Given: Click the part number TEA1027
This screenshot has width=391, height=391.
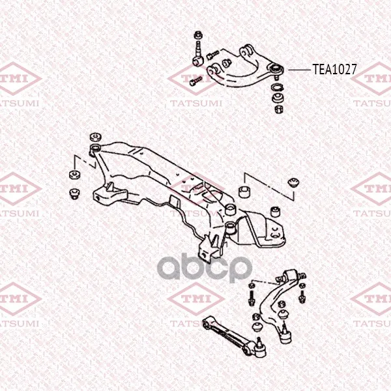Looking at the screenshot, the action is [x=335, y=69].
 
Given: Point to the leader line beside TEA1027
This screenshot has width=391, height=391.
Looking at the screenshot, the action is [x=299, y=70].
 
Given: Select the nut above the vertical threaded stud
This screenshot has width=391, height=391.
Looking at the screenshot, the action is [x=198, y=35].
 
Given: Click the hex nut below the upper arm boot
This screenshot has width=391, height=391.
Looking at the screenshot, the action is [x=280, y=109].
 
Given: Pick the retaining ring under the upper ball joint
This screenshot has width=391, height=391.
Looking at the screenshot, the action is [x=277, y=88].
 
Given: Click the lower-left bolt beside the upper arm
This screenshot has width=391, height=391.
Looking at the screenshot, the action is [x=195, y=81].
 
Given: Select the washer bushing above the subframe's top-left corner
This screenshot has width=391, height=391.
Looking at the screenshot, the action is [x=96, y=137].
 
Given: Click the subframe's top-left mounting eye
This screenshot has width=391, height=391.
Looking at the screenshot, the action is [x=95, y=148].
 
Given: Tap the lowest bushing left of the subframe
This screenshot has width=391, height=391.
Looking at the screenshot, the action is [x=74, y=194].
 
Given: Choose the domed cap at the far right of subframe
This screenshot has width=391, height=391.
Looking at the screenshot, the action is [x=293, y=182].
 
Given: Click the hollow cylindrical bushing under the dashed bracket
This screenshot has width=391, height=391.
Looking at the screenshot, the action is [x=244, y=191].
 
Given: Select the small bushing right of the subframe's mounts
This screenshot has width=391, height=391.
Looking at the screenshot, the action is [x=276, y=211].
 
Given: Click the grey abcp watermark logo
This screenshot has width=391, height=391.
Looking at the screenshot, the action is [x=205, y=268].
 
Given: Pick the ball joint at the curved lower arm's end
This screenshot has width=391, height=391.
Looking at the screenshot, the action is [x=286, y=334].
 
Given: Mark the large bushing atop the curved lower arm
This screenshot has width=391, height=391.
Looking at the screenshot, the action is [x=290, y=275].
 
